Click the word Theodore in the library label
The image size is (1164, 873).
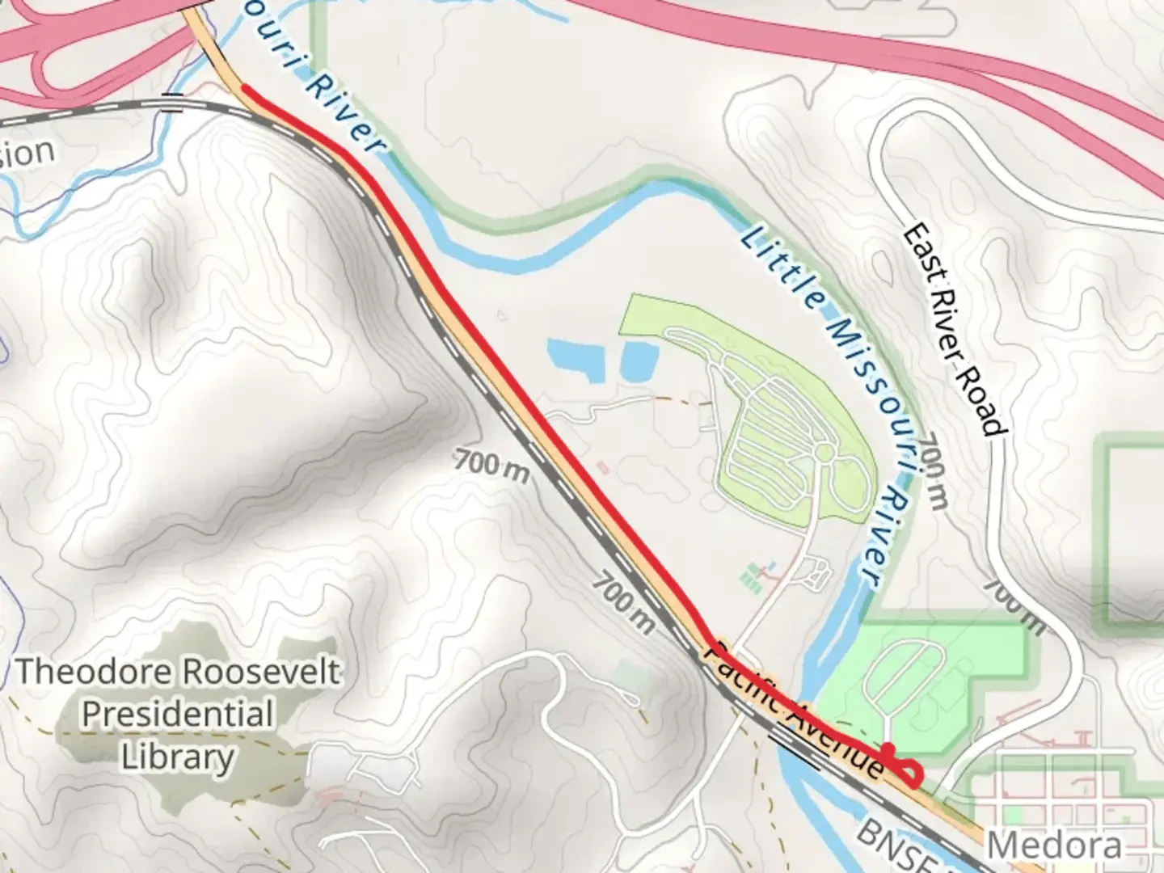click(x=94, y=671)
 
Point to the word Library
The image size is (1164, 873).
click(x=178, y=757)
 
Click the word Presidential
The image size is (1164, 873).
click(x=178, y=715)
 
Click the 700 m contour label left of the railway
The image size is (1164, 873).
click(x=491, y=466)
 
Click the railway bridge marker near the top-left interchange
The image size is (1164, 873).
click(x=172, y=103)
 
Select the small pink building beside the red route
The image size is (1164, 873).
click(x=602, y=467)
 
